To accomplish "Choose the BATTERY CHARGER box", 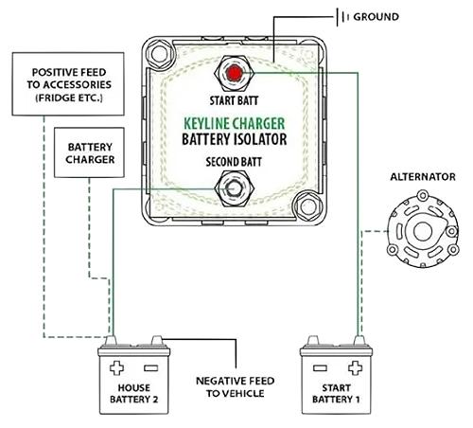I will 91,154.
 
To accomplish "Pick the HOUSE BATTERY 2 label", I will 137,393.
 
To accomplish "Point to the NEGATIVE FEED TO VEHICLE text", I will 236,386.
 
